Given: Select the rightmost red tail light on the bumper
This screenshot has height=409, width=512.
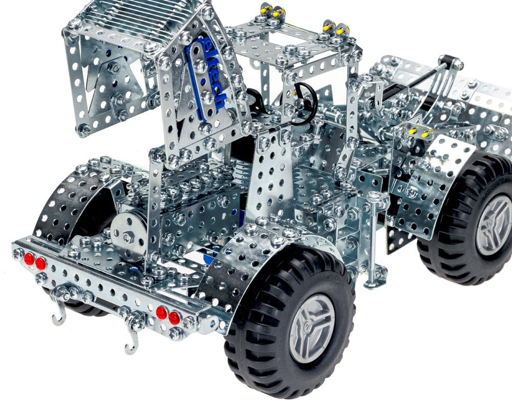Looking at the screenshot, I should click(x=174, y=317).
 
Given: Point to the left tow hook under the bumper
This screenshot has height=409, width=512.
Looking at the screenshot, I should click(x=59, y=314).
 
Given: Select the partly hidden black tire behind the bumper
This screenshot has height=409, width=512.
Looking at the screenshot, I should click(x=77, y=307).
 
